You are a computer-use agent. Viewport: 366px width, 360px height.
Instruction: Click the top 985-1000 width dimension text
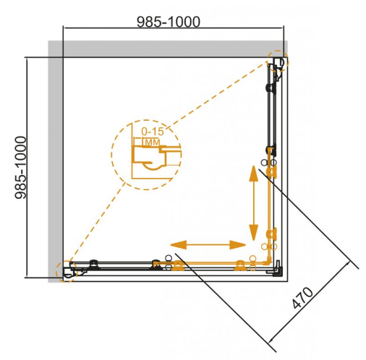(169, 22)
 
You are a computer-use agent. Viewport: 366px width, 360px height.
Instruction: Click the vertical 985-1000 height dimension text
(20, 168)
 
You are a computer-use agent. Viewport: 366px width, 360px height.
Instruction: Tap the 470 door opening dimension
(302, 298)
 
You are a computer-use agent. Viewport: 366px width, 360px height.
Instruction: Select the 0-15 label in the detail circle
(153, 132)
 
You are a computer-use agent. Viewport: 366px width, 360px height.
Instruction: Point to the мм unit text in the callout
(152, 142)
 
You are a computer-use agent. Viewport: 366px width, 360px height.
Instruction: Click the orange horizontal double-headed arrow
(208, 245)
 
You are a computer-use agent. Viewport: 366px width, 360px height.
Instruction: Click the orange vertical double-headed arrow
(253, 203)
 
